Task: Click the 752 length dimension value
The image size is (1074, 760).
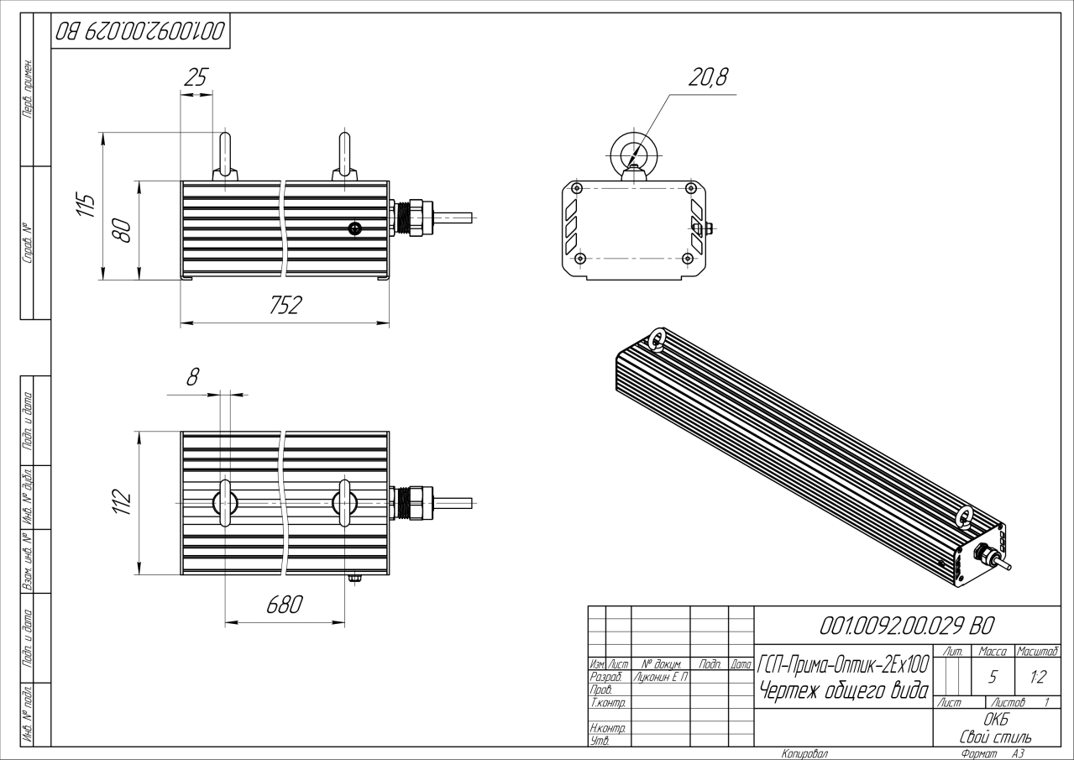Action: tap(286, 307)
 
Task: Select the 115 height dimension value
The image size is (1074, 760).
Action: tap(86, 204)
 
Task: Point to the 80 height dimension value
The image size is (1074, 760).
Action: tap(122, 230)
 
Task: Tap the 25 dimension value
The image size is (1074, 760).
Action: tap(196, 78)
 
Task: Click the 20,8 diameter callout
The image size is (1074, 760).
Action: tap(709, 77)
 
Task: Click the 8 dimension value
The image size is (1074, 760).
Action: tap(192, 377)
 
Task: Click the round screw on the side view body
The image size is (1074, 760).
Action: tap(355, 228)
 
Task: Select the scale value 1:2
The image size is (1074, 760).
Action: tap(1037, 677)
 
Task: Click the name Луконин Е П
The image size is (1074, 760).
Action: tap(660, 676)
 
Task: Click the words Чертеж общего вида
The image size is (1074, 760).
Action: tap(842, 691)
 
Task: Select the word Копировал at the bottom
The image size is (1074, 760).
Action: tap(804, 753)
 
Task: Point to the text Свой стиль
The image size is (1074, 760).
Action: tap(996, 736)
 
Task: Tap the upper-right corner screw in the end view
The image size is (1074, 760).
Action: tap(689, 187)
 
